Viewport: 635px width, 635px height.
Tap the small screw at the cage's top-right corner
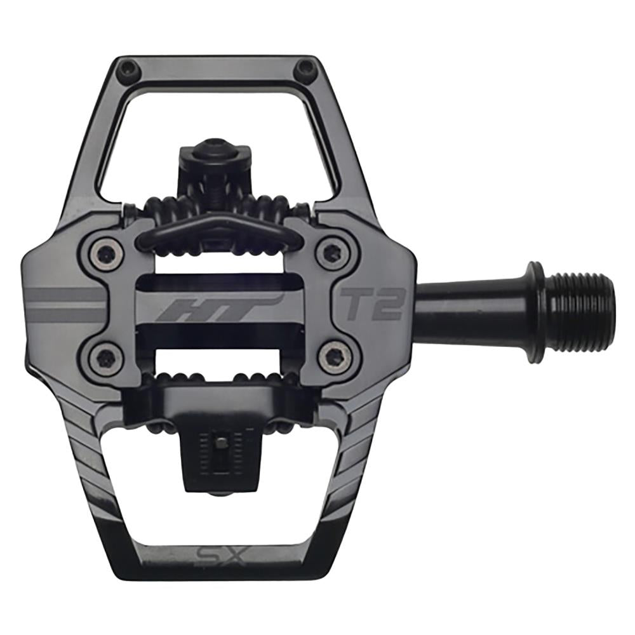[x=307, y=67]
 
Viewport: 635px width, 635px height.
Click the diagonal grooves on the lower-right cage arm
[x=362, y=444]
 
